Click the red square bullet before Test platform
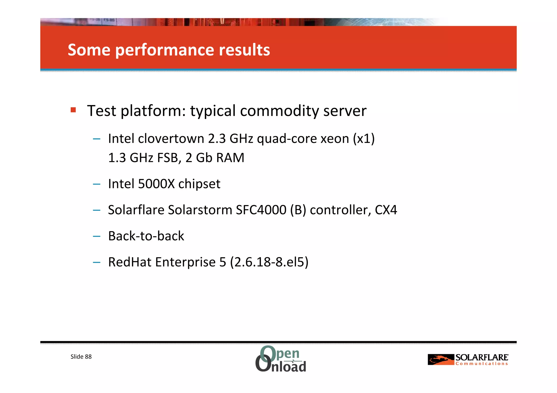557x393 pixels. (x=73, y=110)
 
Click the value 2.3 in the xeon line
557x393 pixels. (x=217, y=139)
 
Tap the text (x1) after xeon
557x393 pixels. (x=364, y=139)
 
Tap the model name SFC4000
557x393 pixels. (x=261, y=210)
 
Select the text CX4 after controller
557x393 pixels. (x=386, y=210)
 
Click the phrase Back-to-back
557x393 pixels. (x=146, y=236)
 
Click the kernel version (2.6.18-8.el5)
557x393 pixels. (x=269, y=262)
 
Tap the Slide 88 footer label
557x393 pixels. (x=81, y=357)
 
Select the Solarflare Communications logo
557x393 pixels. (x=468, y=360)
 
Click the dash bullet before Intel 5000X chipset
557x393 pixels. (x=97, y=184)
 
